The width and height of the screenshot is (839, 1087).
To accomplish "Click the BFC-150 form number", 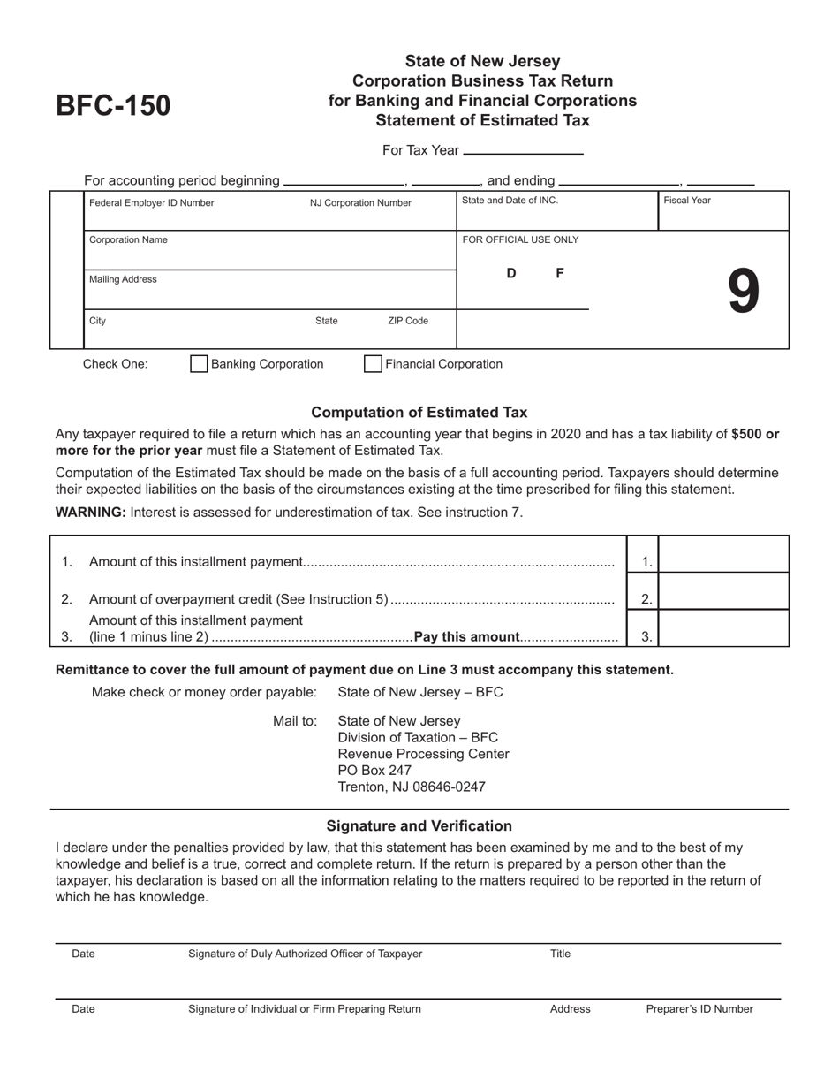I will pyautogui.click(x=113, y=106).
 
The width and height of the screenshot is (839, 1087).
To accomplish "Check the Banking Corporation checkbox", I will pyautogui.click(x=200, y=364).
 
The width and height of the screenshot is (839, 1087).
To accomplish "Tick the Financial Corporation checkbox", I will pyautogui.click(x=374, y=364).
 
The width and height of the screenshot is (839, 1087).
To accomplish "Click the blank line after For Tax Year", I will pyautogui.click(x=523, y=151).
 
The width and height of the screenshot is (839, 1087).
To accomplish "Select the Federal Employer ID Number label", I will pyautogui.click(x=152, y=202).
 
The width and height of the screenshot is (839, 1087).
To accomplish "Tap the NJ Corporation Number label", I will pyautogui.click(x=360, y=202).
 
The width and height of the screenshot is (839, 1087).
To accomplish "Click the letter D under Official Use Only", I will pyautogui.click(x=511, y=274).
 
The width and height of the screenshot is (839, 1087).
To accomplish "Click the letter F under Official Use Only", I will pyautogui.click(x=560, y=274).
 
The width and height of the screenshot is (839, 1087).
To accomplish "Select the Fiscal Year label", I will pyautogui.click(x=687, y=201).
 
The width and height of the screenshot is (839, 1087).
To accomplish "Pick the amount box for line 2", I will pyautogui.click(x=724, y=592).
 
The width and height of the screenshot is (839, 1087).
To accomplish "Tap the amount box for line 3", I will pyautogui.click(x=724, y=628).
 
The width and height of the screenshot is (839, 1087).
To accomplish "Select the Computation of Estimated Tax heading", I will pyautogui.click(x=419, y=413).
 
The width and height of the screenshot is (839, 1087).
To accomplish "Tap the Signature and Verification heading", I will pyautogui.click(x=419, y=826).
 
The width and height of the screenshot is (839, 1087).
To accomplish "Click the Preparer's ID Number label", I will pyautogui.click(x=699, y=1009).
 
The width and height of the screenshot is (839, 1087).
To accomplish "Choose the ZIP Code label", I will pyautogui.click(x=408, y=322).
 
